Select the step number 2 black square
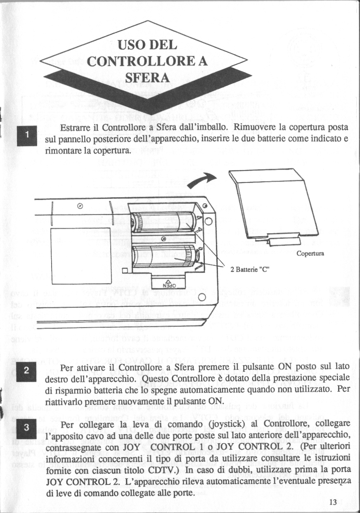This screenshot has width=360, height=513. pos(27,371)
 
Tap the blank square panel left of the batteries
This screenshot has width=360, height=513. pos(81,255)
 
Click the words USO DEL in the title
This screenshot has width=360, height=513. pos(147,44)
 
